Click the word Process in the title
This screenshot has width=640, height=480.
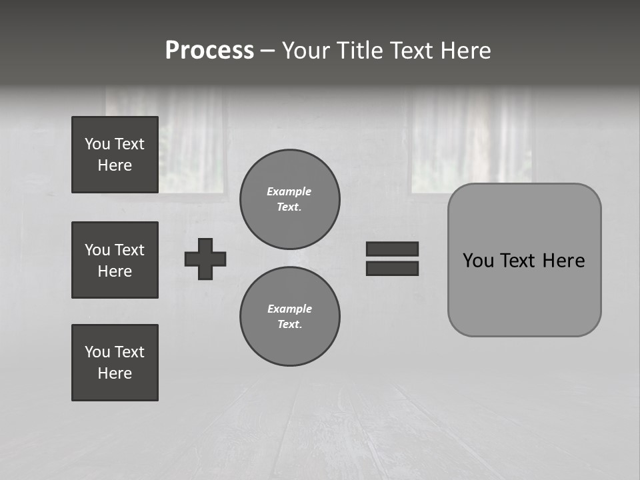(209, 51)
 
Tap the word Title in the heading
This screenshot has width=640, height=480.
(360, 51)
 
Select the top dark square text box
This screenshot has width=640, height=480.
(115, 155)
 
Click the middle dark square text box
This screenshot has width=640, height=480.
(115, 260)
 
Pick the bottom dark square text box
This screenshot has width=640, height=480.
(115, 363)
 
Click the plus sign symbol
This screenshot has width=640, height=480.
(205, 259)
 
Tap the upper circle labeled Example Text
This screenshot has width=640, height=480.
(290, 199)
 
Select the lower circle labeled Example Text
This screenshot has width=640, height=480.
(290, 317)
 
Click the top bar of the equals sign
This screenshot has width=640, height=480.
(392, 249)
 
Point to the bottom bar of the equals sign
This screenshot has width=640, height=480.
(392, 268)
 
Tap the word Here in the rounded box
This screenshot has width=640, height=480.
(563, 261)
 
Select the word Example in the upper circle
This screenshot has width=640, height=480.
(289, 191)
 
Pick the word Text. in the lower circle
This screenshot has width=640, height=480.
(290, 325)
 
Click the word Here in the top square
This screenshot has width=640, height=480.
(115, 165)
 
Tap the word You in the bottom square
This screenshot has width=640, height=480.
(97, 352)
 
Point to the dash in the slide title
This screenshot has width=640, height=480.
(268, 51)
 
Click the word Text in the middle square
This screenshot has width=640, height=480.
(129, 250)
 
